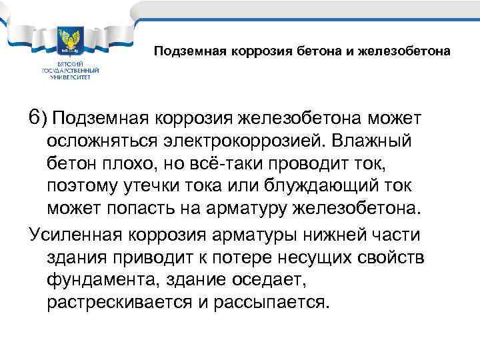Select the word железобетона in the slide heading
[412, 51]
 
